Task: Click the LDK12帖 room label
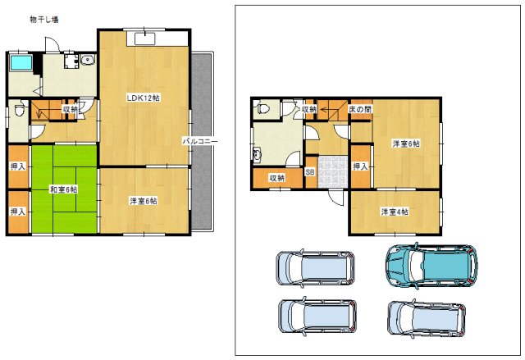click(x=143, y=98)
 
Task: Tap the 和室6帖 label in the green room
click(x=64, y=189)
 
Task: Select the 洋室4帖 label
click(x=395, y=212)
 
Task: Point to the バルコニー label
click(x=200, y=141)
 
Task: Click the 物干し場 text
click(x=43, y=20)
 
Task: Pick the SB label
click(x=310, y=172)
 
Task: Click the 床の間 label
click(x=360, y=109)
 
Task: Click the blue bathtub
click(x=21, y=62)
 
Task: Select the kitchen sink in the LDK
click(x=145, y=39)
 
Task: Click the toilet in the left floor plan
click(x=20, y=109)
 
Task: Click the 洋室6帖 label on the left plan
click(x=143, y=201)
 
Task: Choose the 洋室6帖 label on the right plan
click(x=406, y=144)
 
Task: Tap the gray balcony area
click(x=202, y=141)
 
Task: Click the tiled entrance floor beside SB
click(x=333, y=171)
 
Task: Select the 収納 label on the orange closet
click(x=277, y=178)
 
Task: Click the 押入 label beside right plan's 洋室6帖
click(x=361, y=166)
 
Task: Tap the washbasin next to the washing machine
click(x=88, y=60)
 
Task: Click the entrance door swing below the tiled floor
click(x=336, y=198)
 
